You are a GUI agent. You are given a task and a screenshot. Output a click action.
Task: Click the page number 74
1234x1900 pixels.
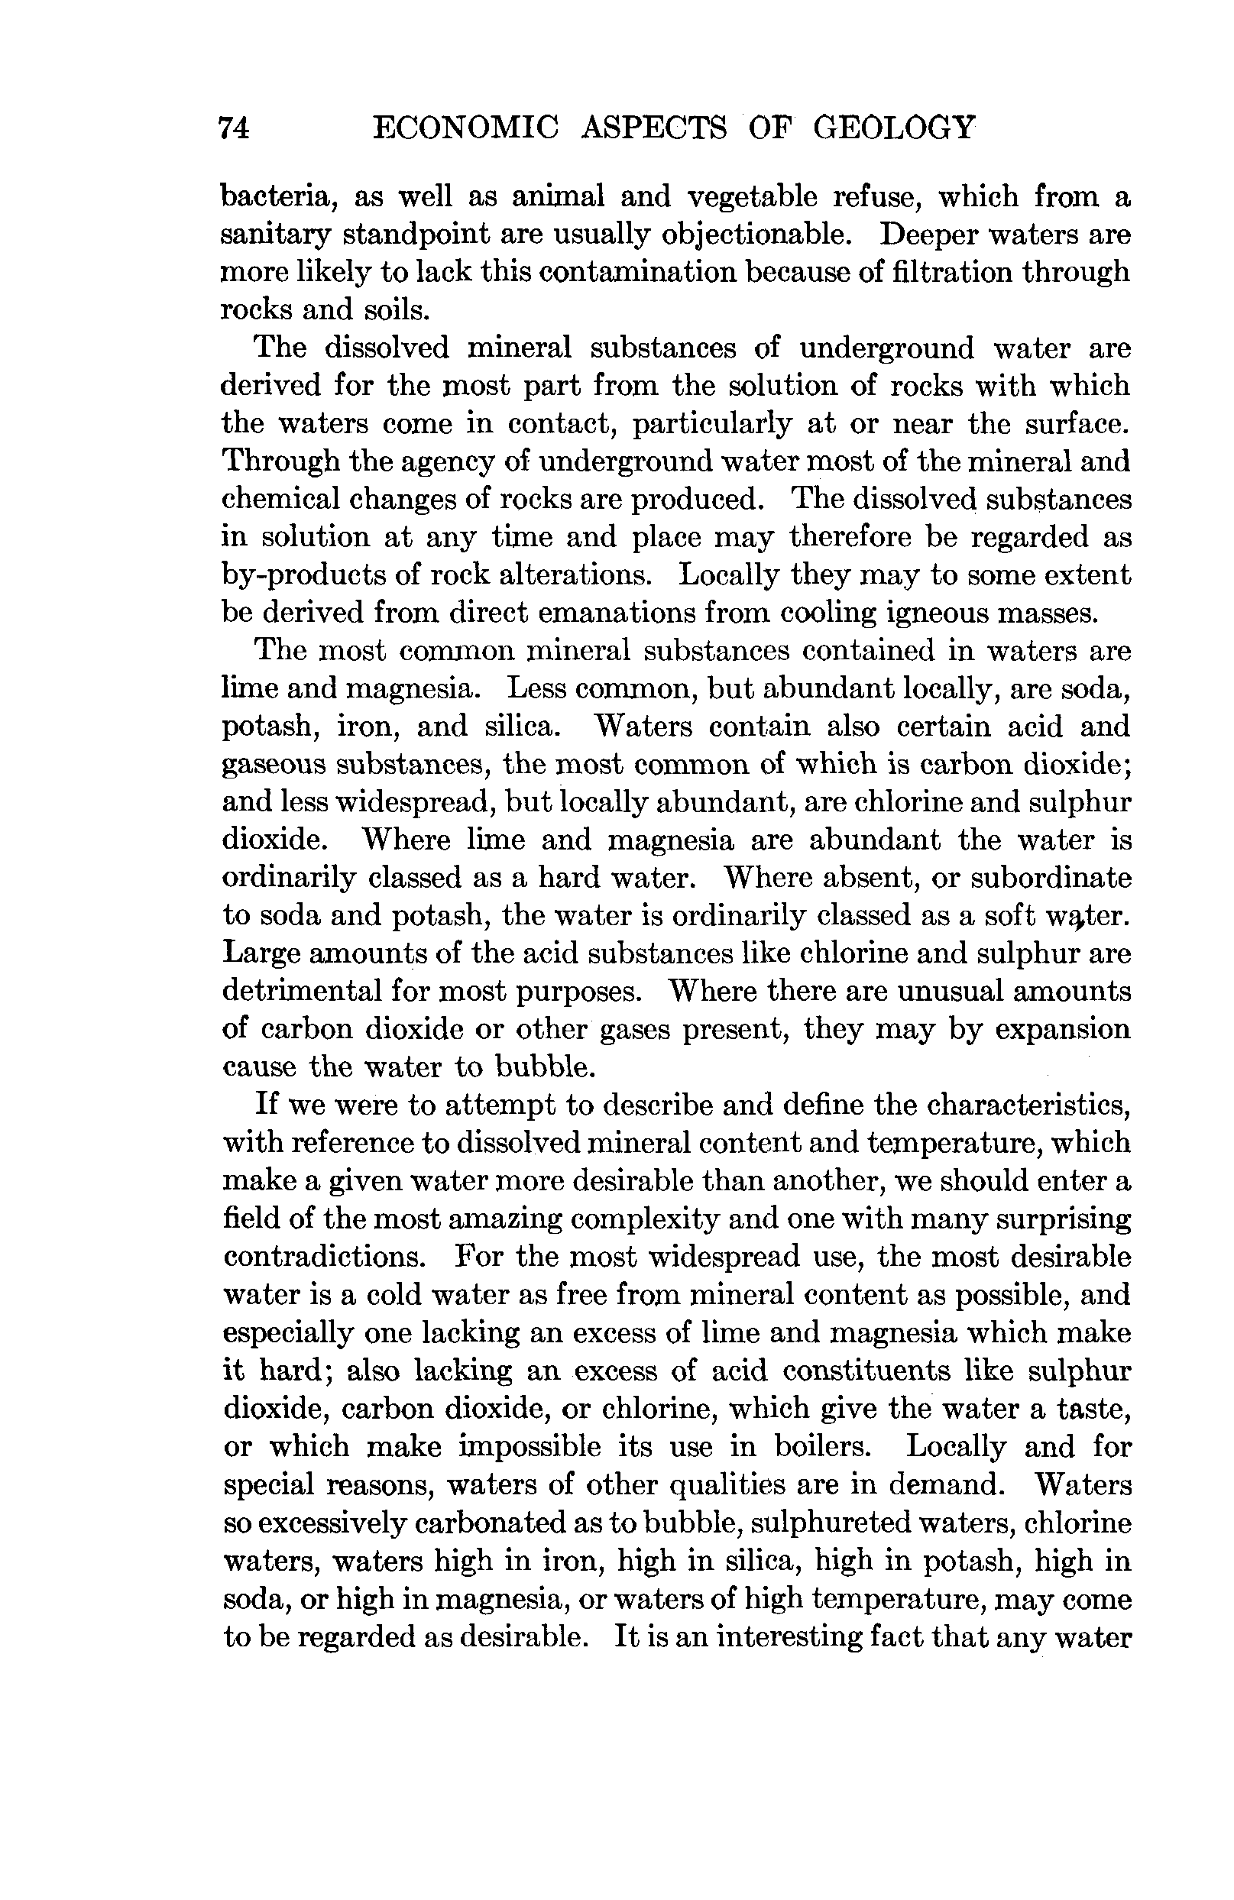(x=234, y=128)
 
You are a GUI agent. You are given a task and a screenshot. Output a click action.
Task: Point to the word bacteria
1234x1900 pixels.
(x=274, y=196)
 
